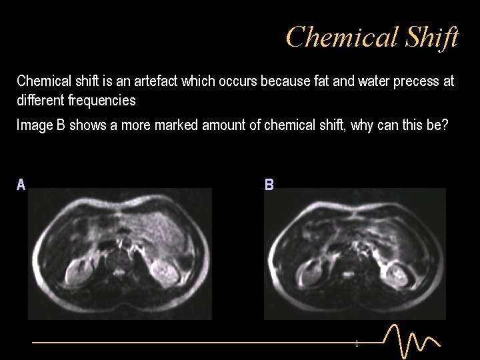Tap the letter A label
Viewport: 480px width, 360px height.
[x=21, y=185]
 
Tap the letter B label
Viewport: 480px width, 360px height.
[x=269, y=185]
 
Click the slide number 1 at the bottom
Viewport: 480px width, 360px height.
[x=357, y=344]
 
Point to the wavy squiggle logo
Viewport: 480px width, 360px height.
[x=412, y=340]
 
